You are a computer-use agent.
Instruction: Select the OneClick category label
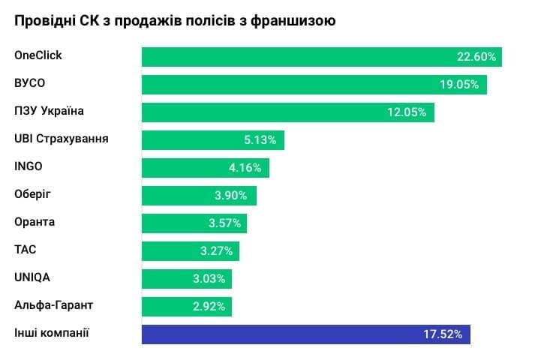pyautogui.click(x=38, y=55)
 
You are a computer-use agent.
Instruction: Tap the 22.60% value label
pyautogui.click(x=476, y=57)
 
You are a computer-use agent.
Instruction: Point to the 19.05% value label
pyautogui.click(x=459, y=84)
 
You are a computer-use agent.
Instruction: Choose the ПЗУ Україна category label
pyautogui.click(x=50, y=111)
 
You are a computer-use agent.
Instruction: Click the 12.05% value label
pyautogui.click(x=407, y=112)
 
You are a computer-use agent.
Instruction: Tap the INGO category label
pyautogui.click(x=29, y=166)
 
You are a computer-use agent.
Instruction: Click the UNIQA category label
pyautogui.click(x=32, y=277)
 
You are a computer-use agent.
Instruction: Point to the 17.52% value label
pyautogui.click(x=443, y=334)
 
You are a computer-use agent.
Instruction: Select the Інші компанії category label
pyautogui.click(x=52, y=332)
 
